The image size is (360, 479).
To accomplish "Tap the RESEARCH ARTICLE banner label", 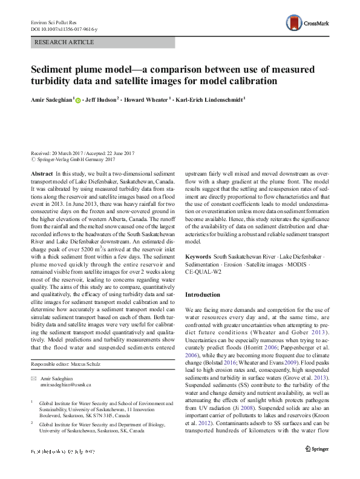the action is (65, 42).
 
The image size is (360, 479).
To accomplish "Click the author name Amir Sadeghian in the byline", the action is (52, 99).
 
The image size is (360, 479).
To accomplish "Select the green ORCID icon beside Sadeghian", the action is (79, 99).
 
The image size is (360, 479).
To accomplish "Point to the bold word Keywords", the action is (198, 257).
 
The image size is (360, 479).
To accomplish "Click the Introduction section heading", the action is (203, 294).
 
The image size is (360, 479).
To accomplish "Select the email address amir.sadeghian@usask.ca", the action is (65, 385).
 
